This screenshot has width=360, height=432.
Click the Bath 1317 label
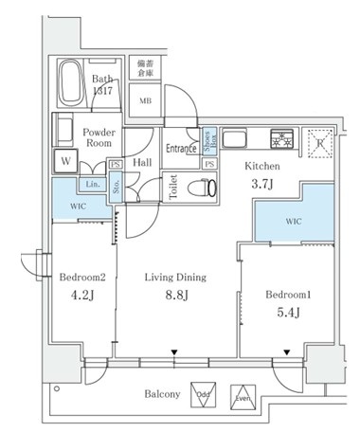click(x=102, y=86)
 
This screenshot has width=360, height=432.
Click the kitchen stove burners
click(x=281, y=140)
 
